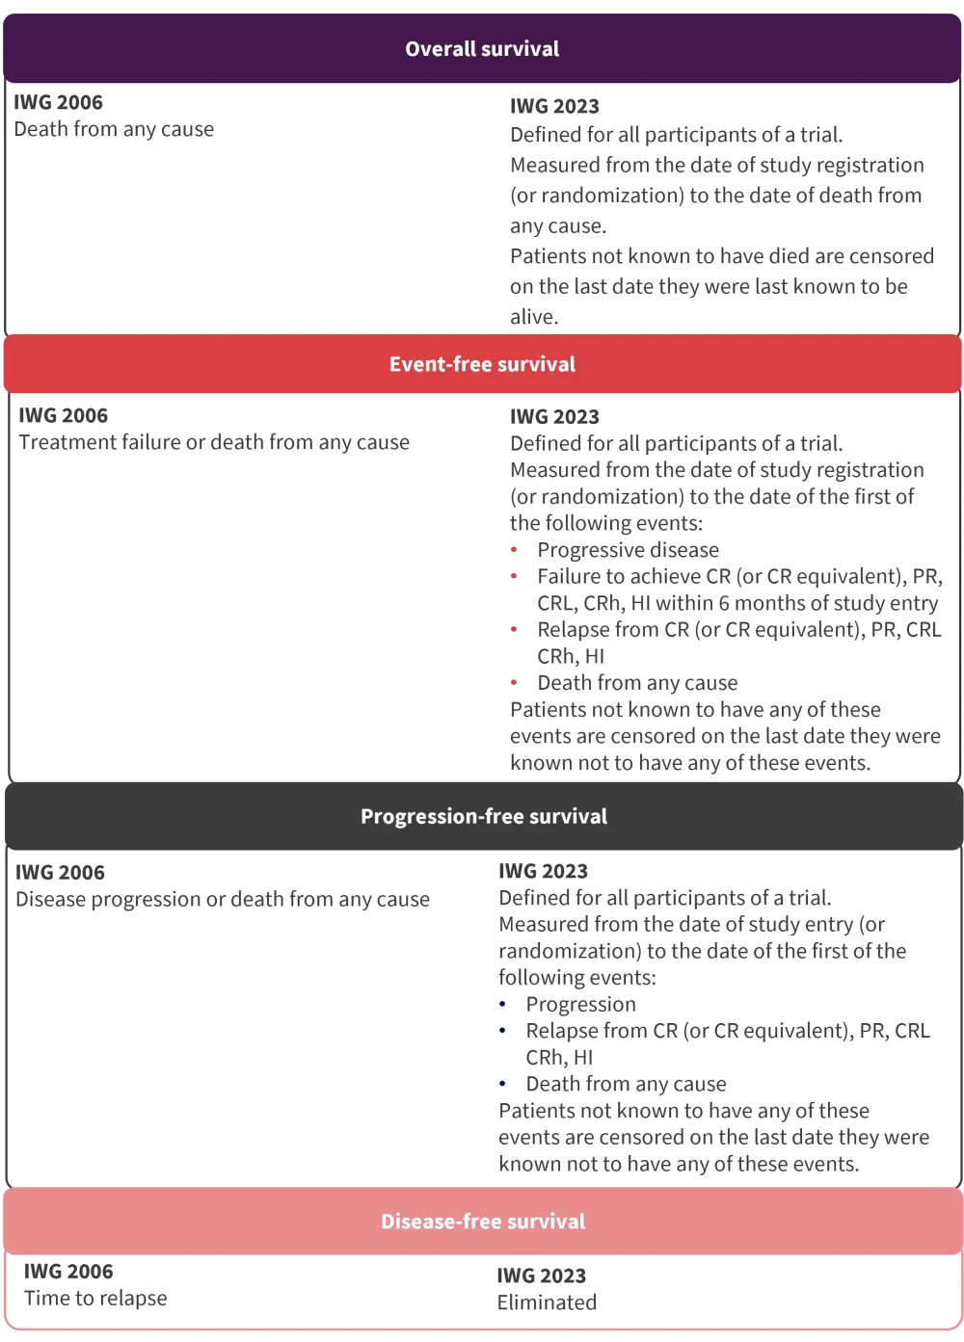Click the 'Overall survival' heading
coord(482,49)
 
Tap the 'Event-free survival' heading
coord(482,364)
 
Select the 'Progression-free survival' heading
coord(484,817)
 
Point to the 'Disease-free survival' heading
coord(483,1222)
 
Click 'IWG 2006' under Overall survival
coord(58,103)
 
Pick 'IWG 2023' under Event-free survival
coord(554,417)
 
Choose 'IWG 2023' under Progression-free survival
coord(543,872)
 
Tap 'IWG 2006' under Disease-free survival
coord(68,1272)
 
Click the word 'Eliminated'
coord(547,1303)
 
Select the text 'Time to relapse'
coord(95,1299)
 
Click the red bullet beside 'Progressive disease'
coord(515,550)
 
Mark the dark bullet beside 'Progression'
coord(503,1005)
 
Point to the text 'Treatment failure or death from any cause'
coord(214,442)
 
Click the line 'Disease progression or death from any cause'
coord(223,900)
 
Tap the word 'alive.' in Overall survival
coord(534,317)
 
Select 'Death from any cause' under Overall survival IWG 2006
coord(114,130)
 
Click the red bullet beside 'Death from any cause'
coord(515,683)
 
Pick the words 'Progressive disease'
coord(628,550)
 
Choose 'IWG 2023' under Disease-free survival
coord(541,1276)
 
